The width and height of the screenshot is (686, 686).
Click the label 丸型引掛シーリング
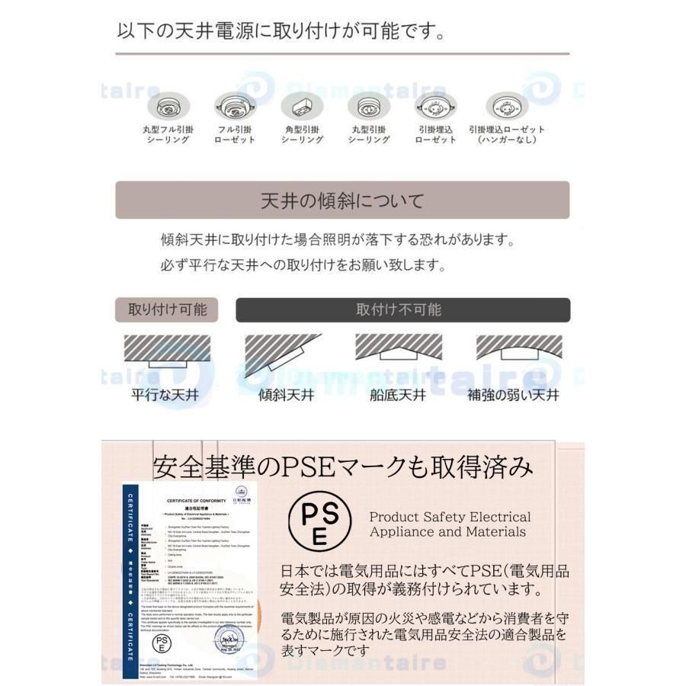369,135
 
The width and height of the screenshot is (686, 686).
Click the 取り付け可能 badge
167,309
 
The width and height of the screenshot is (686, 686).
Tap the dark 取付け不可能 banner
402,309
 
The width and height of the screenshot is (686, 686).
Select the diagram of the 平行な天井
167,353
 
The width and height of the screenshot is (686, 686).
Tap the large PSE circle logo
321,521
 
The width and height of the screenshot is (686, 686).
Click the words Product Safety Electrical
450,517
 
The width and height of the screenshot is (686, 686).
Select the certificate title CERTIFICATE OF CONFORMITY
197,499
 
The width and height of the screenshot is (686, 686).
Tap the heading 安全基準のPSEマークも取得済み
342,466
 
